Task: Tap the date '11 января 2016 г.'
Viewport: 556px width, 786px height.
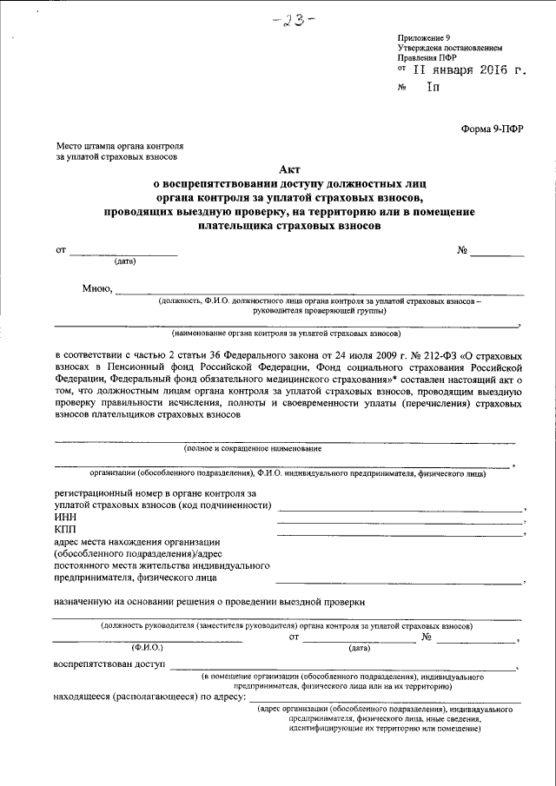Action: pyautogui.click(x=468, y=71)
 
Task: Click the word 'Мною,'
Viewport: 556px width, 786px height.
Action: pyautogui.click(x=96, y=289)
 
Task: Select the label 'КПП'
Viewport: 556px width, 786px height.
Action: pyautogui.click(x=65, y=529)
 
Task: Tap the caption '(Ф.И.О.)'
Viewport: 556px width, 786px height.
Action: pyautogui.click(x=148, y=648)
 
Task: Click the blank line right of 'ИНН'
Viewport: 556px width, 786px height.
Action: pyautogui.click(x=400, y=522)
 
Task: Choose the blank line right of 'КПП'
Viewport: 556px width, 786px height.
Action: pyautogui.click(x=400, y=534)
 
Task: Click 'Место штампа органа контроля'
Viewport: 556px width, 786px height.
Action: pyautogui.click(x=119, y=148)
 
